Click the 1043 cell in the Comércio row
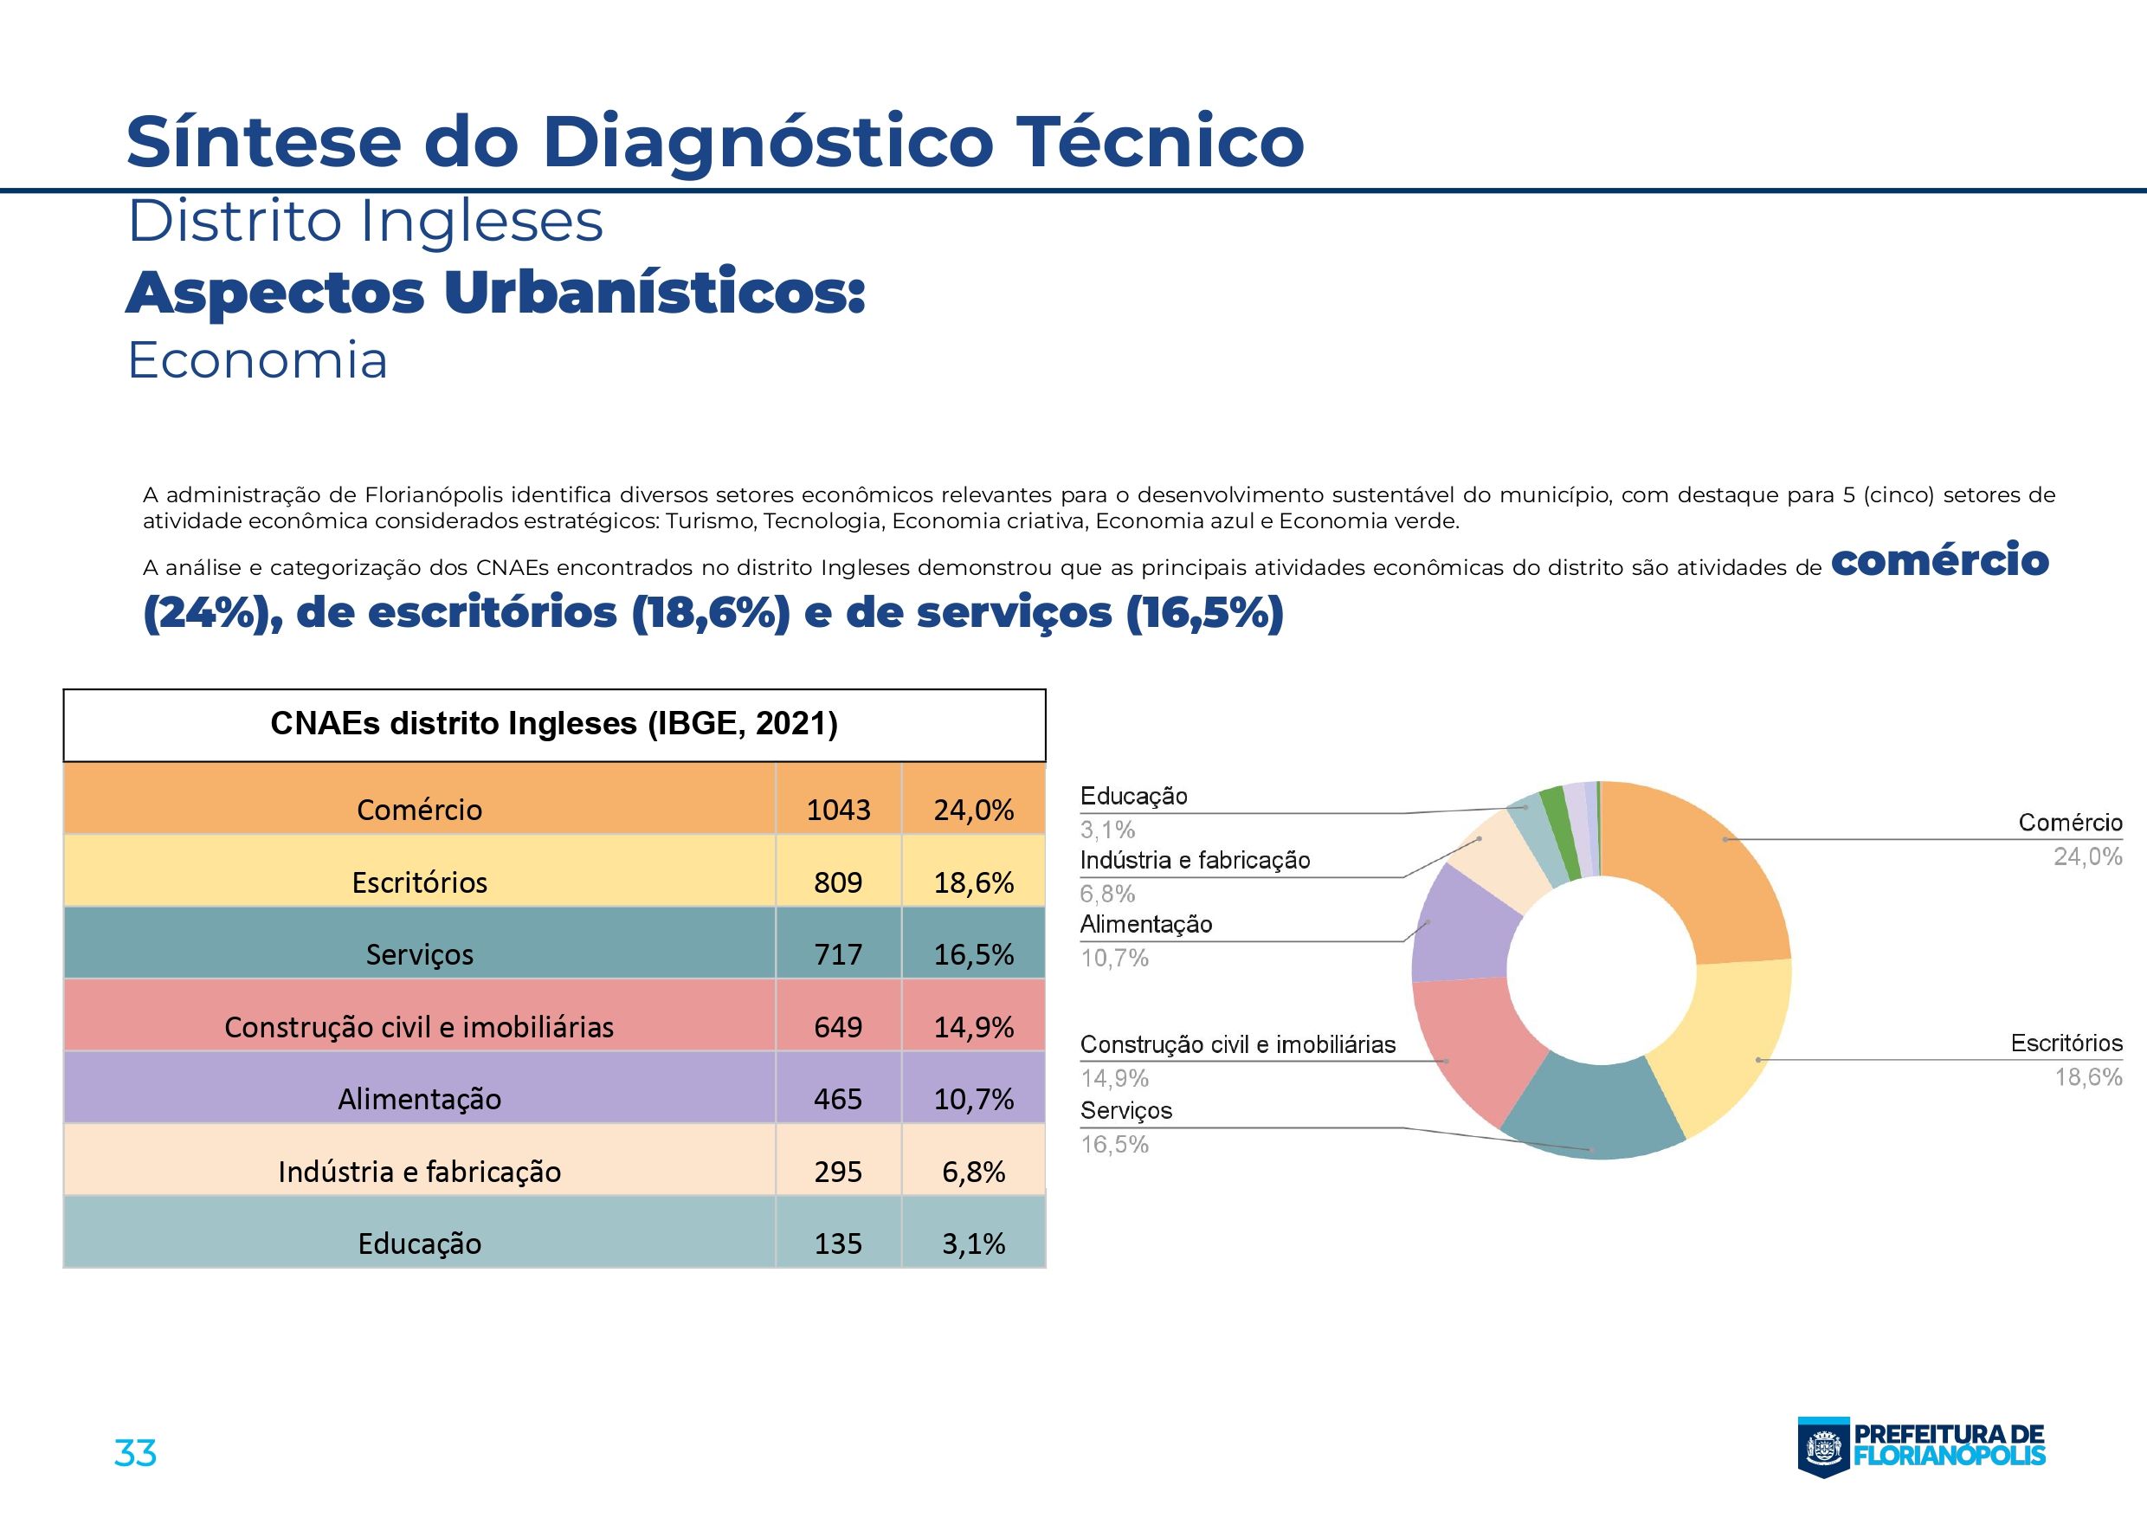tap(838, 809)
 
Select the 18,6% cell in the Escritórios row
tap(973, 882)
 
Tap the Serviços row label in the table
tap(419, 954)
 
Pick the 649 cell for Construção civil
tap(838, 1027)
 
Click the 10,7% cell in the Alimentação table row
tap(973, 1099)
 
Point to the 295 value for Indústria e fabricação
tap(838, 1171)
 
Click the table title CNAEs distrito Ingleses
tap(553, 724)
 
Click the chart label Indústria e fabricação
tap(1194, 861)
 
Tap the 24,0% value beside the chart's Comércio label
tap(2087, 856)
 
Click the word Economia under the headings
tap(257, 361)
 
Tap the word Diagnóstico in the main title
tap(767, 142)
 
